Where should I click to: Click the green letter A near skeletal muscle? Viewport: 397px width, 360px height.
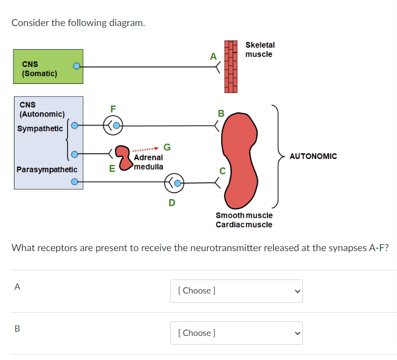click(213, 56)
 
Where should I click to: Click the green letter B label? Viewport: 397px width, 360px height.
click(221, 114)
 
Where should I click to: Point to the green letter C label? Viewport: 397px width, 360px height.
click(222, 170)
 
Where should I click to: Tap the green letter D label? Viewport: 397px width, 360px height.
click(171, 203)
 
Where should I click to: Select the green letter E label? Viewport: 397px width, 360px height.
click(112, 169)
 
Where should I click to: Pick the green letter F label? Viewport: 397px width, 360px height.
click(113, 108)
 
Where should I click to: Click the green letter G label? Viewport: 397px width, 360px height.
click(167, 147)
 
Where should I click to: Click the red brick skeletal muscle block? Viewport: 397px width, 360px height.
click(231, 67)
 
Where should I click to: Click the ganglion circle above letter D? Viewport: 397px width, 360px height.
click(175, 183)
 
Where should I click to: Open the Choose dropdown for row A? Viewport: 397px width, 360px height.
click(236, 291)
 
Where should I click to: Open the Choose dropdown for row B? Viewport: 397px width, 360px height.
click(236, 333)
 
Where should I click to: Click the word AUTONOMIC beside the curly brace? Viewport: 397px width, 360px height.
click(313, 156)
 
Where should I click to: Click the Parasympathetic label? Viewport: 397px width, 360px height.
click(47, 170)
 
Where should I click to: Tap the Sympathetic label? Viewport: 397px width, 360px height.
click(40, 129)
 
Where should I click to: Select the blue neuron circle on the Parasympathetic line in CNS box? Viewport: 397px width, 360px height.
click(74, 182)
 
